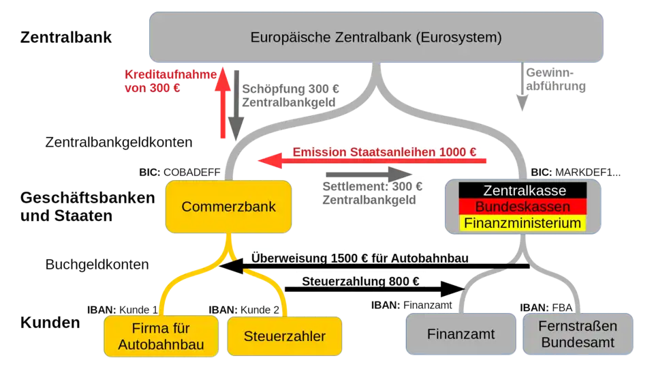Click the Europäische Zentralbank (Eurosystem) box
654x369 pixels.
(376, 37)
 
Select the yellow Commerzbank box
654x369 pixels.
(229, 207)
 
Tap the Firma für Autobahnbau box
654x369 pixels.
(161, 336)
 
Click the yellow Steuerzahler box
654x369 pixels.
(285, 336)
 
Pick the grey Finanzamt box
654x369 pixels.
(461, 334)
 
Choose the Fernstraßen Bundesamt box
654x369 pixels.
(578, 334)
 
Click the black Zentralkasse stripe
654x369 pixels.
(523, 190)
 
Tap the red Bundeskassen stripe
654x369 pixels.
(523, 207)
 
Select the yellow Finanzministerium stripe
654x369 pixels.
(523, 223)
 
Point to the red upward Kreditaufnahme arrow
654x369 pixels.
(223, 103)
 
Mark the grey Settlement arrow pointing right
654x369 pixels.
(369, 174)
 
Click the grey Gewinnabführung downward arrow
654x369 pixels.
(523, 87)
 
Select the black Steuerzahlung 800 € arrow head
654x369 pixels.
(452, 289)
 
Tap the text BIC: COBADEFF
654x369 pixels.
(180, 173)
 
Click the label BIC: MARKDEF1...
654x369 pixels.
(576, 173)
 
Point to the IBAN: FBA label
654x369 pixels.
(546, 308)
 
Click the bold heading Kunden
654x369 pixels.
(50, 323)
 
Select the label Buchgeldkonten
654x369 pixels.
(97, 264)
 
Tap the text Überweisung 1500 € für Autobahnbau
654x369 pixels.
(360, 258)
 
